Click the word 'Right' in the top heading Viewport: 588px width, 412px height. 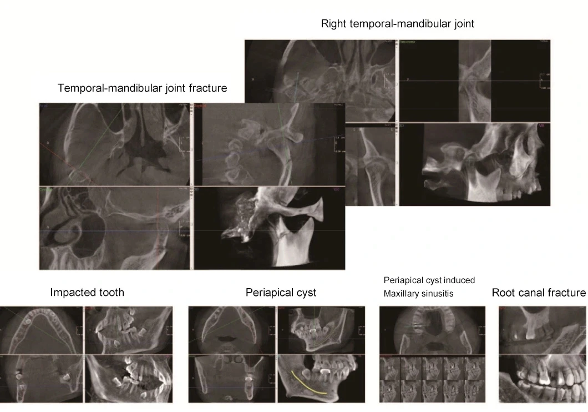[x=334, y=24]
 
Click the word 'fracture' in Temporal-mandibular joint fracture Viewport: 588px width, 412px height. [x=206, y=88]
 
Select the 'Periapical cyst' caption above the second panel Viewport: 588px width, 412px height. [x=281, y=292]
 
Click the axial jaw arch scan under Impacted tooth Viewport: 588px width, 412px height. [x=41, y=329]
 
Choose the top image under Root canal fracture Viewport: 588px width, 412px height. [x=543, y=329]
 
